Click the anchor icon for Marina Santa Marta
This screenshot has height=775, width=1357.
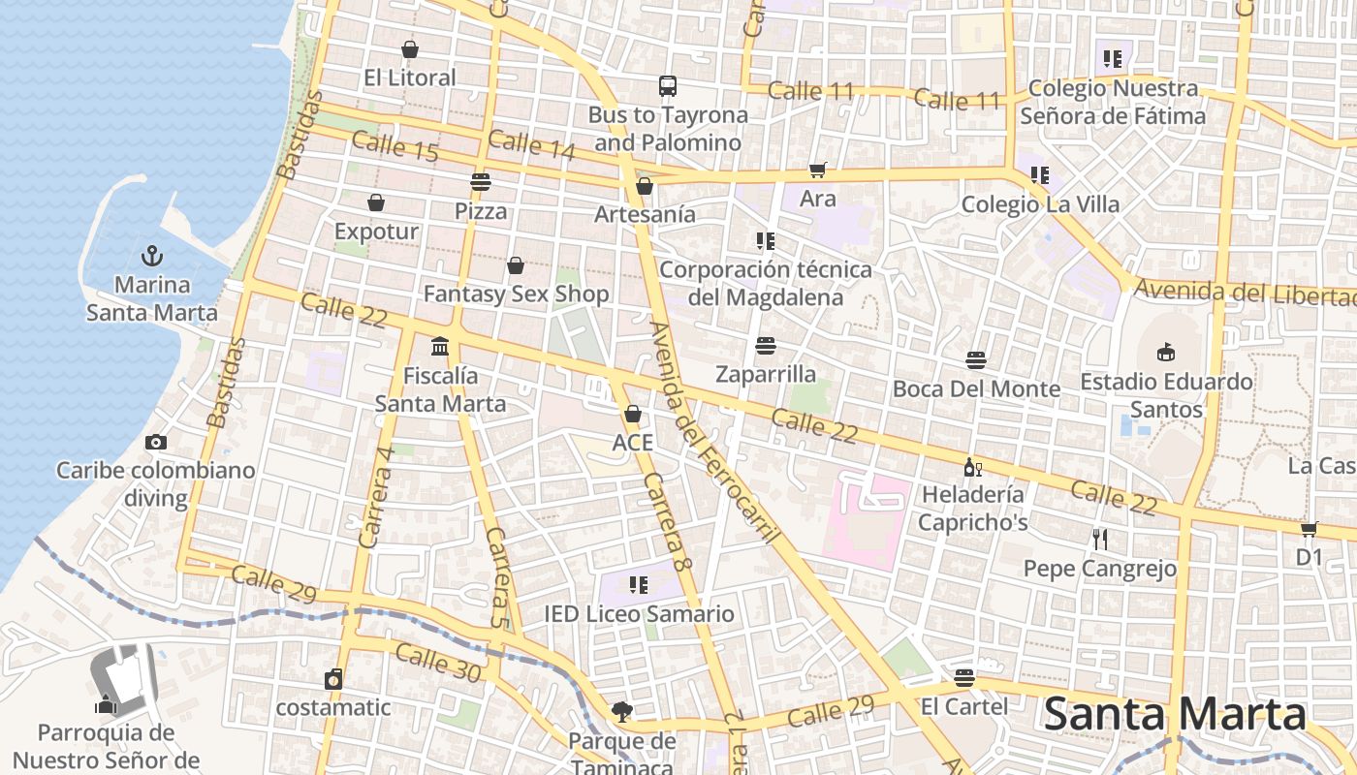point(151,256)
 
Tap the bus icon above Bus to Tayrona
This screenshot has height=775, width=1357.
point(668,86)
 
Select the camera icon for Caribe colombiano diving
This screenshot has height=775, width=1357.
point(155,442)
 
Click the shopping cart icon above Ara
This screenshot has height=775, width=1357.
point(818,170)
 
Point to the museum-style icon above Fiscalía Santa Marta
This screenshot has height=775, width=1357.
point(440,346)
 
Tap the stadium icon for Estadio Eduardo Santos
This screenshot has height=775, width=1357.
point(1166,352)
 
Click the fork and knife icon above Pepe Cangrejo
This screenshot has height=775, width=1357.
point(1099,539)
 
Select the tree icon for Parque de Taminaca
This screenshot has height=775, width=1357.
point(621,713)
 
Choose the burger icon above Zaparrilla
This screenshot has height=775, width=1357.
point(766,345)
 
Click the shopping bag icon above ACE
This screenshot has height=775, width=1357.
point(633,414)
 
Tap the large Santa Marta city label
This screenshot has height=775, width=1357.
point(1175,715)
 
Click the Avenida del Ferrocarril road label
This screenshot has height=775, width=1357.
point(710,431)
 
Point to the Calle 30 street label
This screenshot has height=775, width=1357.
point(438,664)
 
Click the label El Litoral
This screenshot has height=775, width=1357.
point(409,77)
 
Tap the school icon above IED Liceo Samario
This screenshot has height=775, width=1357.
point(638,584)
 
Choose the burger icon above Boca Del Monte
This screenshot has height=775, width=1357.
point(976,360)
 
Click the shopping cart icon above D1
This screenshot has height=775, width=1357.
point(1309,529)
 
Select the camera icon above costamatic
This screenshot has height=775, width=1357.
point(333,679)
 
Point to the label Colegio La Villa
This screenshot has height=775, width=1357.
point(1040,204)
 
